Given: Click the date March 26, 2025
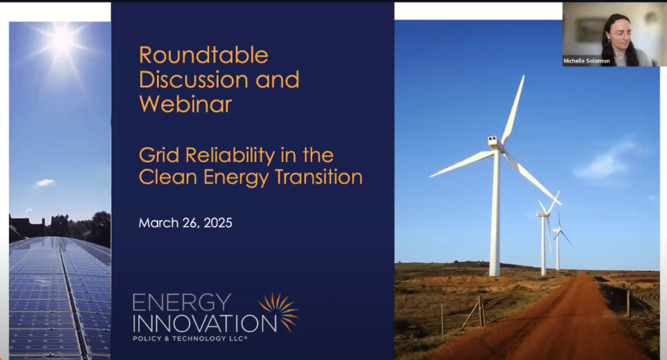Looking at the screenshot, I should pos(186,223).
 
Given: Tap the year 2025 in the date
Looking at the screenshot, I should pos(218,223).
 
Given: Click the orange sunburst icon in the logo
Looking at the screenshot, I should pos(278,312).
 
